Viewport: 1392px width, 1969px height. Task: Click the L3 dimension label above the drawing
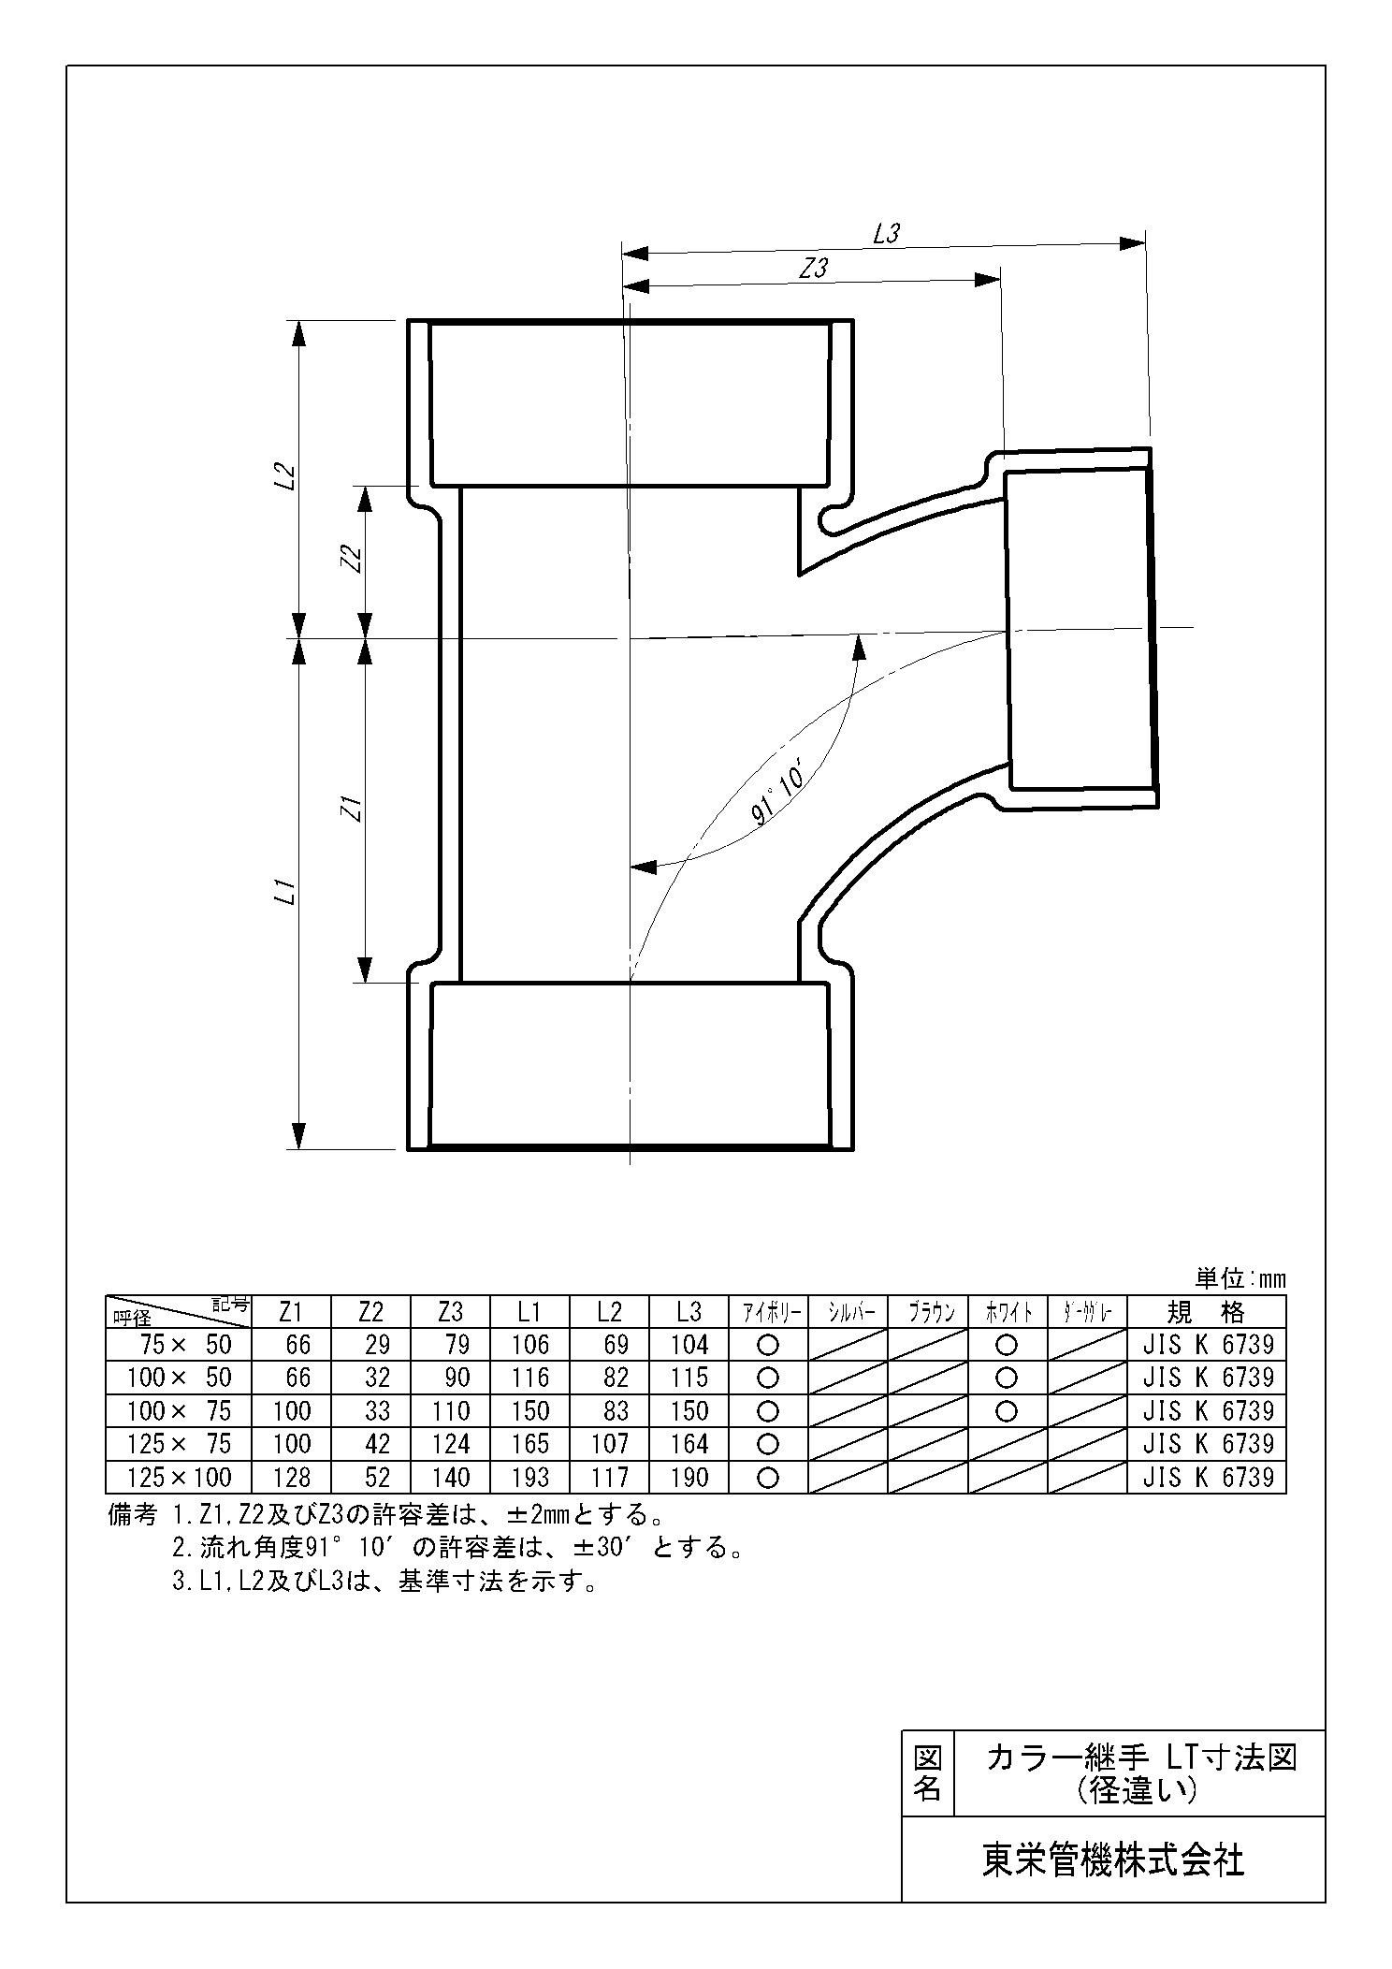coord(885,234)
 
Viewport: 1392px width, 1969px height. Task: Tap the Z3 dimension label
coord(814,268)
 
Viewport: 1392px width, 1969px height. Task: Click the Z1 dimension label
coord(352,808)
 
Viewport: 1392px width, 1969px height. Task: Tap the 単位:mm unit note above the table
coord(1240,1278)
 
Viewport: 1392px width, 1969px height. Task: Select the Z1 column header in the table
coord(291,1312)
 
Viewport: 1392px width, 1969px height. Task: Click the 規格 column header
coord(1208,1312)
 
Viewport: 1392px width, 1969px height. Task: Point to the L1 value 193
coord(530,1478)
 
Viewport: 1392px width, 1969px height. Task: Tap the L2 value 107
coord(610,1444)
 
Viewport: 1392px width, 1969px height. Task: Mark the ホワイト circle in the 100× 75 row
coord(1007,1410)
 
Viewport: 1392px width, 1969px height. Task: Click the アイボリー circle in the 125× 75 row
coord(768,1444)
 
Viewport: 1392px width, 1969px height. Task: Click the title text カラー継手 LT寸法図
coord(1141,1758)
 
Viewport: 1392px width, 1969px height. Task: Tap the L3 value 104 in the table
coord(689,1345)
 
